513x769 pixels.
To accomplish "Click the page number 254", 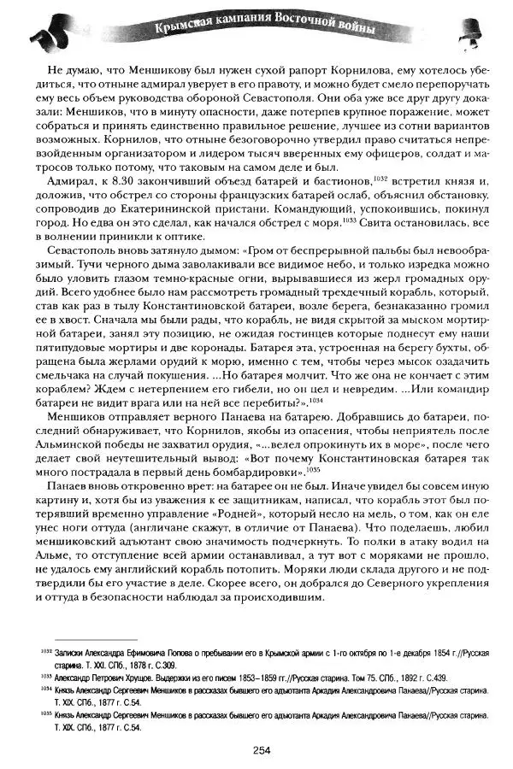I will point(262,750).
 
